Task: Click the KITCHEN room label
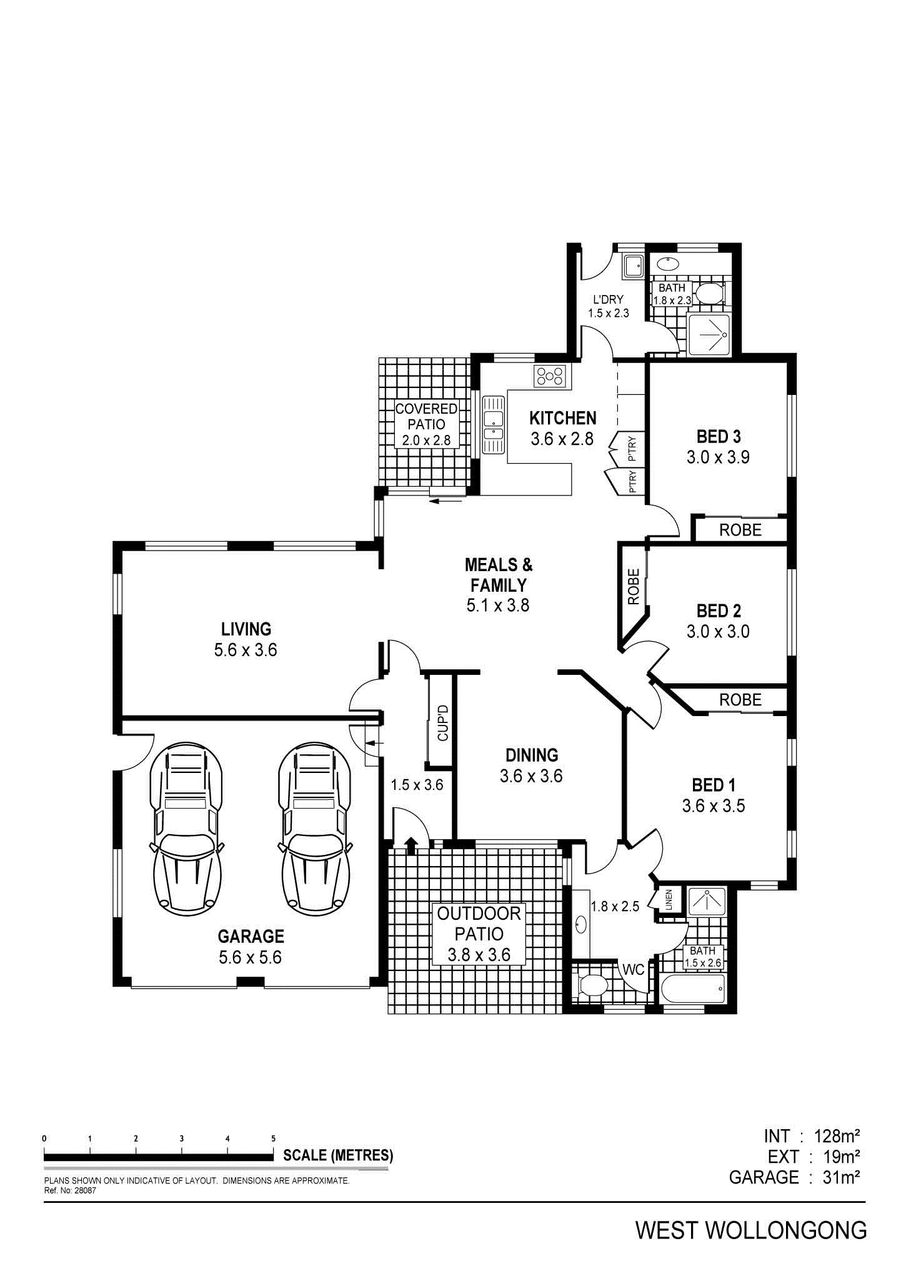click(x=562, y=418)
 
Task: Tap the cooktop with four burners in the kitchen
click(x=549, y=376)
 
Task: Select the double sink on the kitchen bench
click(x=493, y=424)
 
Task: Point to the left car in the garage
click(x=186, y=828)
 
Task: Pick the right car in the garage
click(x=314, y=828)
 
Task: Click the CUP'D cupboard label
click(x=443, y=722)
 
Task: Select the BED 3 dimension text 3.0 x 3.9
click(x=718, y=457)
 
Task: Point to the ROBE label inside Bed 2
click(x=634, y=586)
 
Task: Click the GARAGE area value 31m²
click(x=841, y=1178)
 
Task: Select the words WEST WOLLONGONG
click(x=751, y=1230)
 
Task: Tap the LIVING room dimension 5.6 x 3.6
click(x=246, y=650)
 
